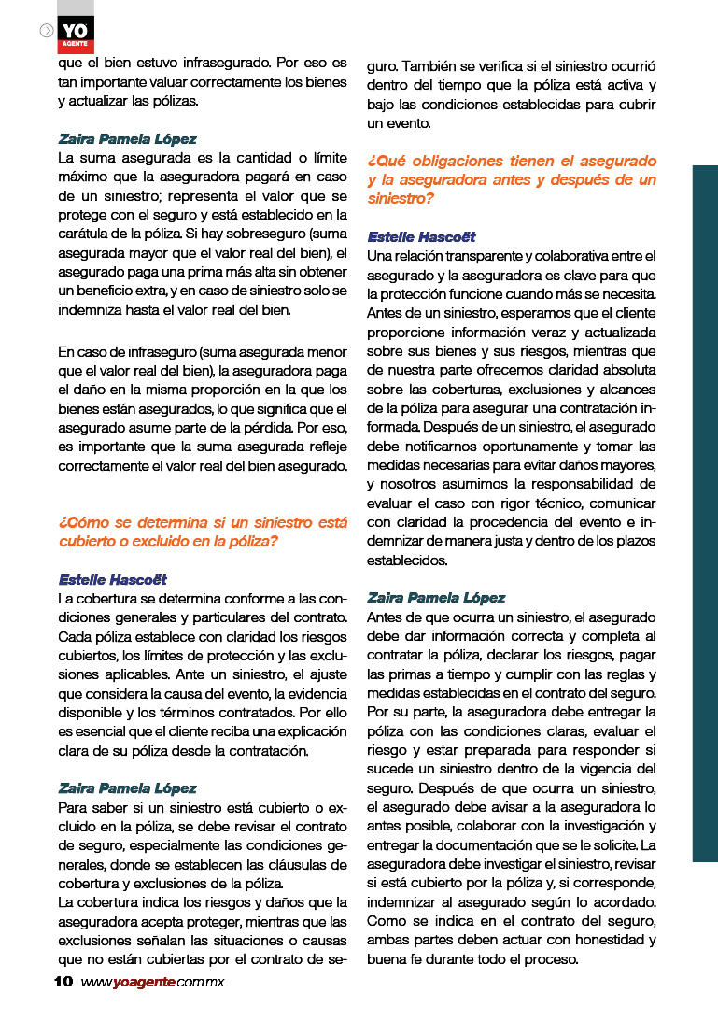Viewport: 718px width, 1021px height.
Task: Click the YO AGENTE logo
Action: pyautogui.click(x=75, y=34)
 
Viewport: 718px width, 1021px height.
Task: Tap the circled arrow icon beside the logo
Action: pyautogui.click(x=47, y=30)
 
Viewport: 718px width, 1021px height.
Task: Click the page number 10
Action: pyautogui.click(x=63, y=982)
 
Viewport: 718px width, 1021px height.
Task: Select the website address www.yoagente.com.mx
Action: pyautogui.click(x=152, y=982)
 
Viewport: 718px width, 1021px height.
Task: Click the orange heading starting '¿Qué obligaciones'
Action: pyautogui.click(x=512, y=179)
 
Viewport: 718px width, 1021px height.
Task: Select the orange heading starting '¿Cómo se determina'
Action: pyautogui.click(x=202, y=532)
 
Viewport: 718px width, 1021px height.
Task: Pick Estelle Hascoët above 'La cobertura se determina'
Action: pyautogui.click(x=112, y=579)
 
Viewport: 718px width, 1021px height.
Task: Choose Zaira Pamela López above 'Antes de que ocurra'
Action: pyautogui.click(x=436, y=598)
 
